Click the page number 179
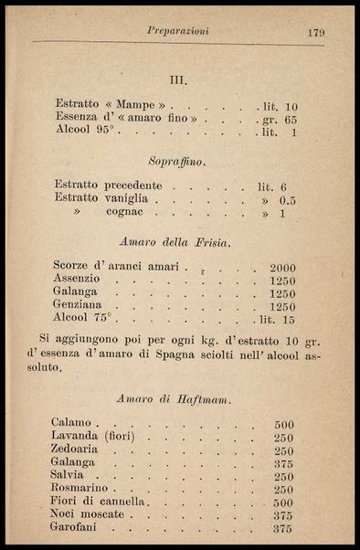point(316,31)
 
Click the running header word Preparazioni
point(178,31)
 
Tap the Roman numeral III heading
point(179,79)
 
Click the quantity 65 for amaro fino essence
point(291,119)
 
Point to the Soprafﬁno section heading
point(180,162)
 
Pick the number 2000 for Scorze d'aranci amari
point(282,268)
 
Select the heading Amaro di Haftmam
point(179,398)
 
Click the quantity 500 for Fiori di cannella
point(282,502)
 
